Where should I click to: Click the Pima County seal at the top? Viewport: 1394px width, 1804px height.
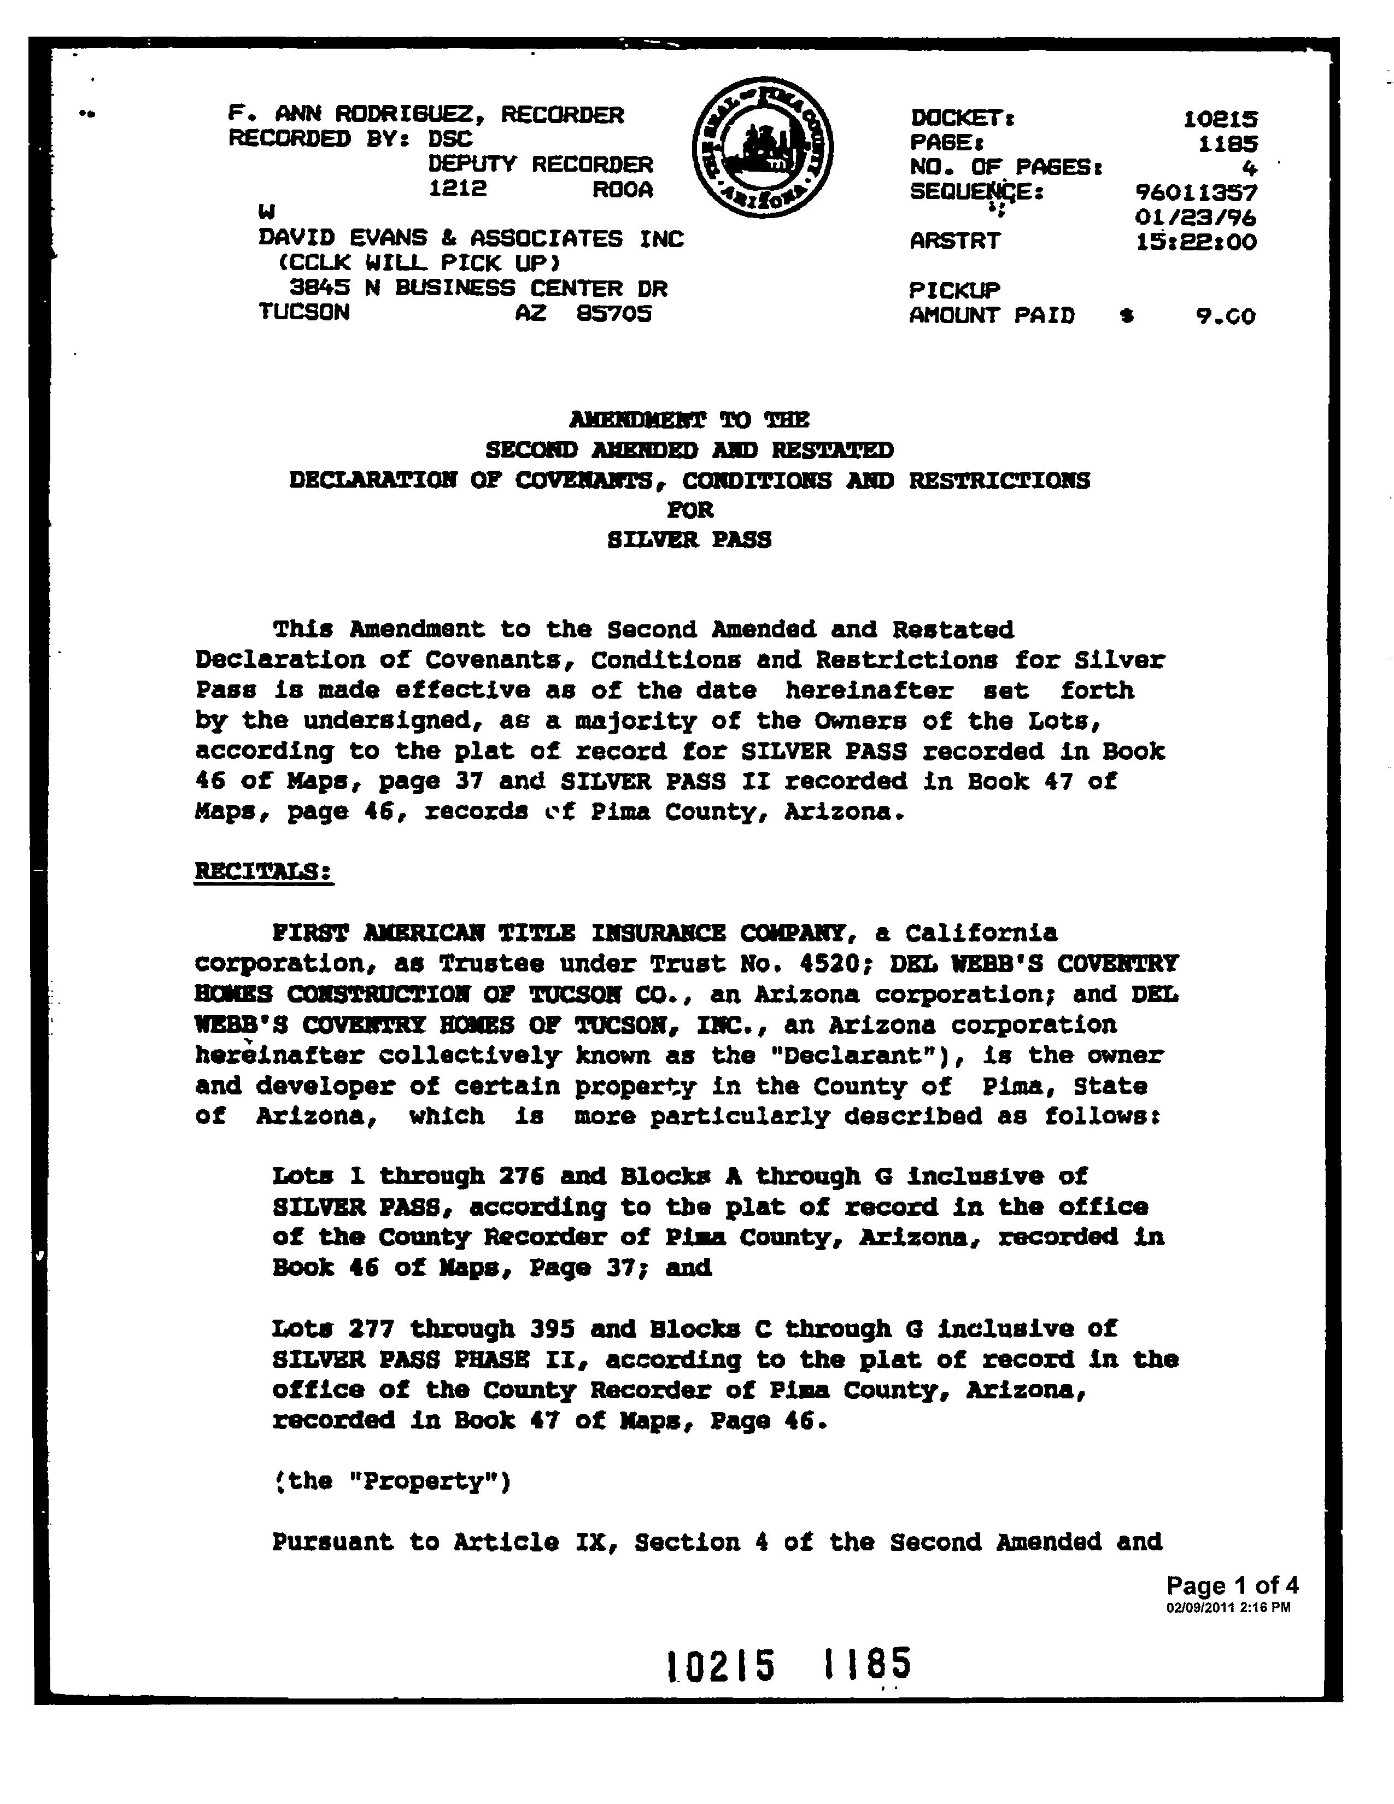pos(762,149)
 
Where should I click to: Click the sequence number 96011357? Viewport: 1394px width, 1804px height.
pos(1196,194)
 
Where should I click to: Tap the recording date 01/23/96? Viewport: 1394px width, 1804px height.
pos(1196,218)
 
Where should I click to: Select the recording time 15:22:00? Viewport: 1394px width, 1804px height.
pos(1196,243)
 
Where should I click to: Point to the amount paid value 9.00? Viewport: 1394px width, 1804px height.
pos(1226,317)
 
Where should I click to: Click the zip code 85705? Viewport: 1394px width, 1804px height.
pos(613,314)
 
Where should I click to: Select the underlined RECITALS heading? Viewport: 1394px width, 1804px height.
pos(263,871)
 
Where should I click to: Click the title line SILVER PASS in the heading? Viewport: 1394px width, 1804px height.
pos(689,540)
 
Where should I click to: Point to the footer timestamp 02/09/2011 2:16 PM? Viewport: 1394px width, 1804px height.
pos(1228,1607)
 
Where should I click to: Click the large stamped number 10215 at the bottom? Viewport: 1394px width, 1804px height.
pos(721,1665)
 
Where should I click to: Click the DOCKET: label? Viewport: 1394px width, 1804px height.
pos(962,119)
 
